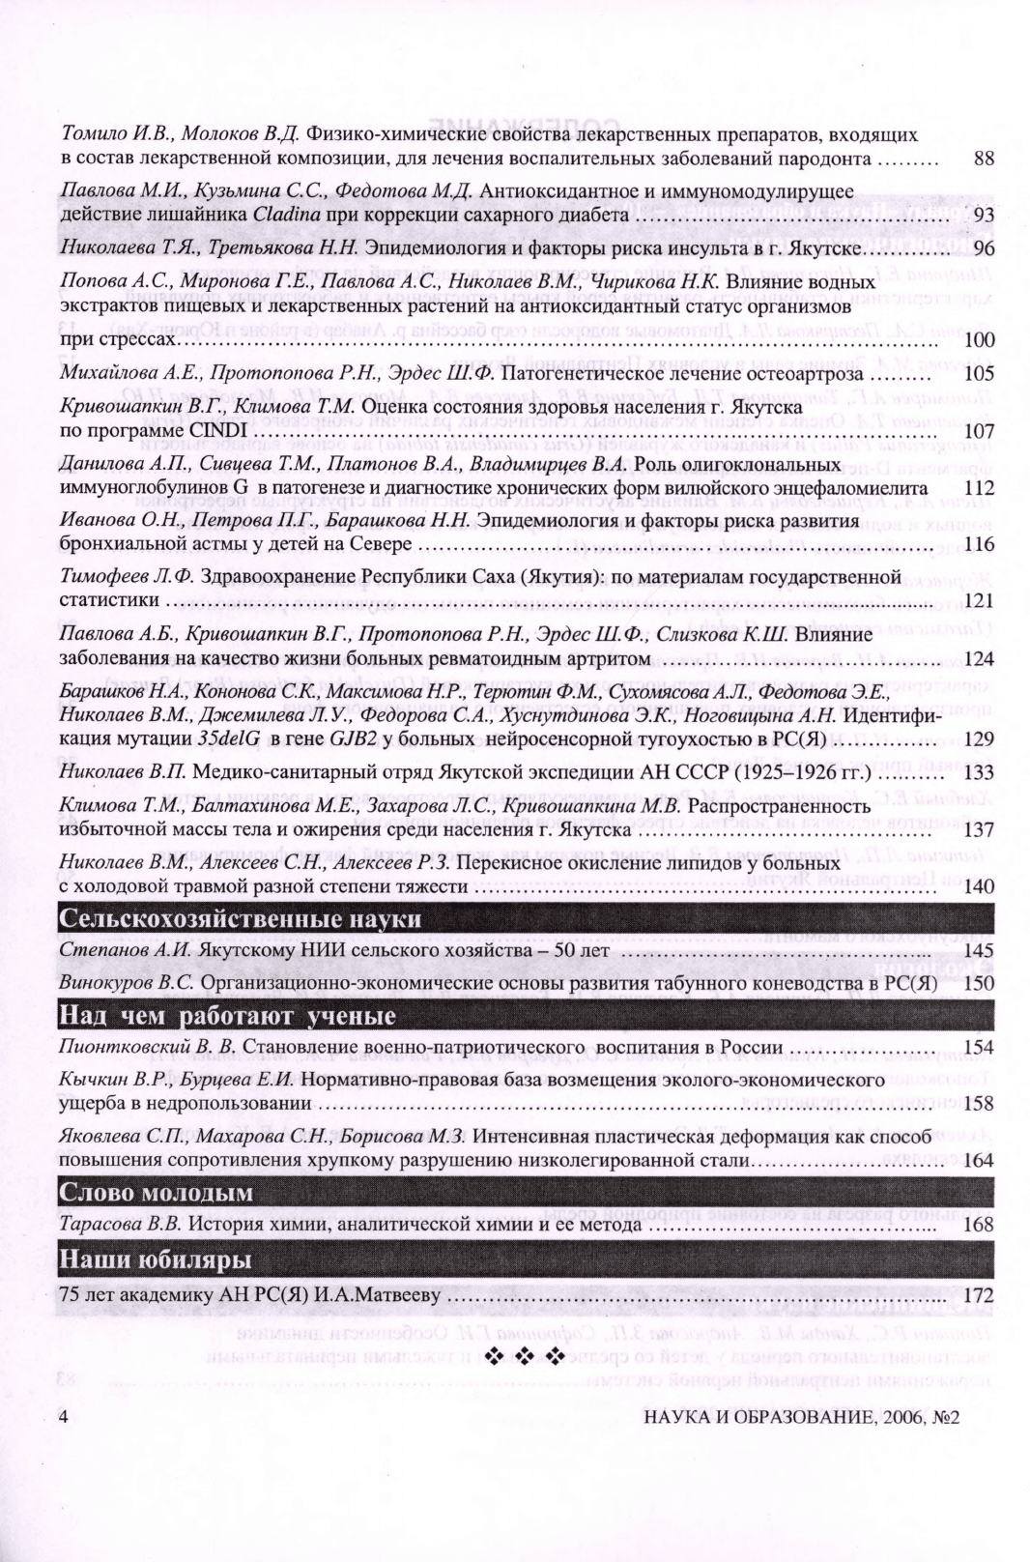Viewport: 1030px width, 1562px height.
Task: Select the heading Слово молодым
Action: (x=156, y=1193)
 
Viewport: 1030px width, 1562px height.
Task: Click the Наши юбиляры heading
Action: (x=156, y=1260)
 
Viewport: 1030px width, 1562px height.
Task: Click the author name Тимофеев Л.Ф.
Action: (x=126, y=577)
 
